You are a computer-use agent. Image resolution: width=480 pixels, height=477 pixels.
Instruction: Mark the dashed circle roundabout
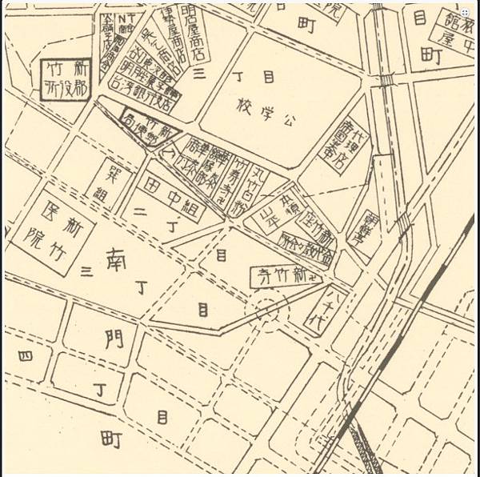point(268,308)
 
